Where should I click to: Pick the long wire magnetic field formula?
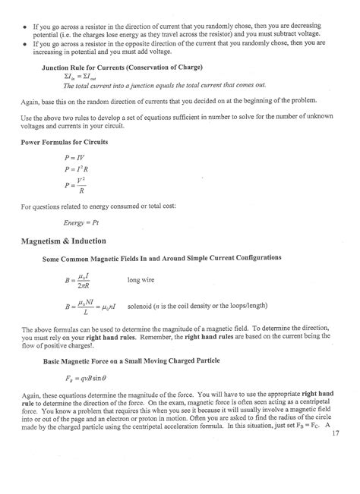(81, 282)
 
